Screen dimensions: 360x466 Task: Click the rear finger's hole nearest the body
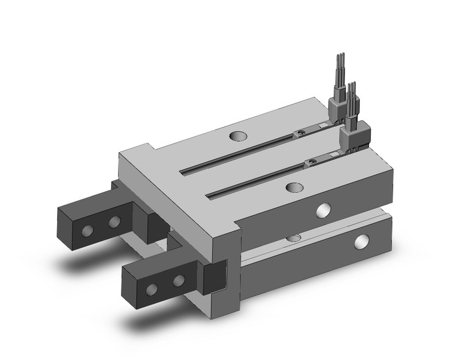click(x=113, y=221)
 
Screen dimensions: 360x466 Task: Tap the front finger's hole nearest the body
click(x=179, y=281)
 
